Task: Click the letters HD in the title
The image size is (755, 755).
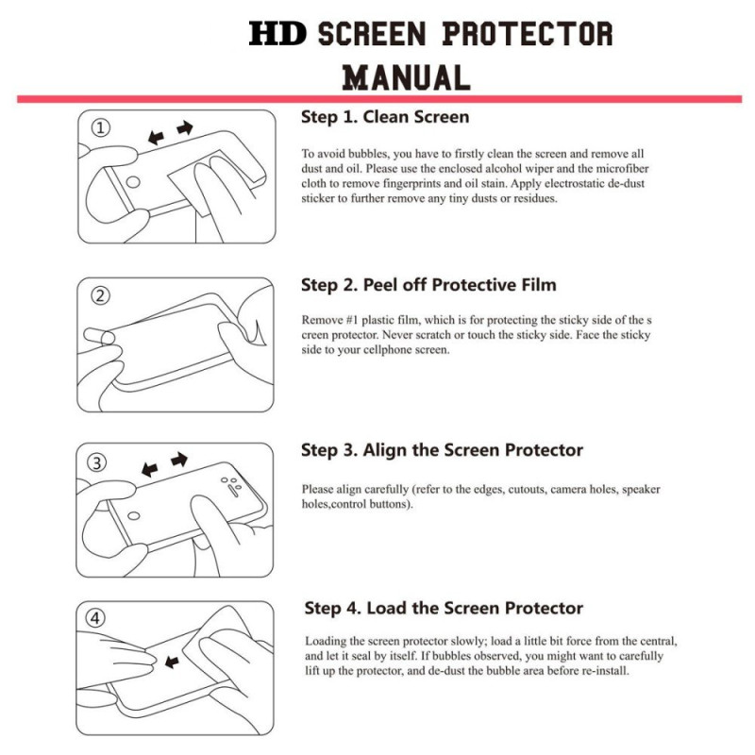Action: tap(277, 35)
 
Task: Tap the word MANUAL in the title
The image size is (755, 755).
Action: tap(406, 76)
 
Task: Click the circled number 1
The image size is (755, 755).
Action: tap(100, 128)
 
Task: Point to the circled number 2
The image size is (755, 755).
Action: tap(100, 295)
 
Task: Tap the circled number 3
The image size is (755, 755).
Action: tap(100, 462)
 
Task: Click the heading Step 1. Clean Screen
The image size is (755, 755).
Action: tap(385, 117)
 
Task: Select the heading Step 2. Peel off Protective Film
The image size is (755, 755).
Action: tap(428, 285)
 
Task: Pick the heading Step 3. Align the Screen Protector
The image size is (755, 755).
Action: tap(442, 450)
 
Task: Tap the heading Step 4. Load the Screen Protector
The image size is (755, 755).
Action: tap(444, 608)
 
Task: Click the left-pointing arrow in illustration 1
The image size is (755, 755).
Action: tap(155, 137)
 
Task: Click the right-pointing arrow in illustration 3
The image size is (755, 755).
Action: tap(178, 460)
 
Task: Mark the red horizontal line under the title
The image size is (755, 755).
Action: tap(377, 99)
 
